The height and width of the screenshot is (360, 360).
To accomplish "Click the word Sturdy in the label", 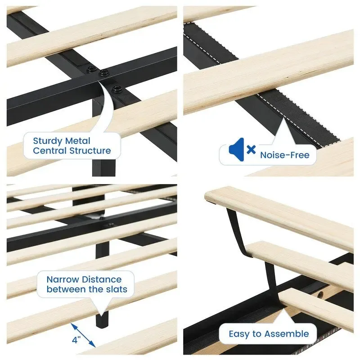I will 48,141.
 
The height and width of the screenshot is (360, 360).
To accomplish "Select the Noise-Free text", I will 284,155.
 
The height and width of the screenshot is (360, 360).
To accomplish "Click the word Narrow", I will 62,279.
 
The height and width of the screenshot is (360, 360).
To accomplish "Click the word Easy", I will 239,334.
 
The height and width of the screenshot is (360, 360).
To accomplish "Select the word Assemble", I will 286,334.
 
